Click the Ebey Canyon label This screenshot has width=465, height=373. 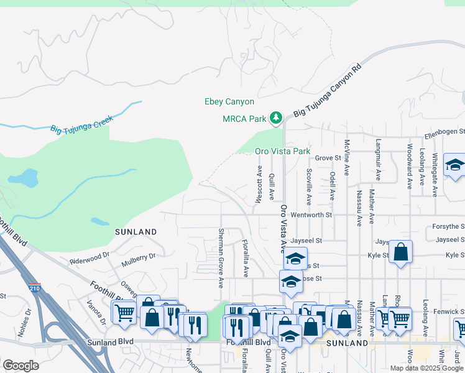point(229,102)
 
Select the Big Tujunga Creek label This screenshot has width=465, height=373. point(81,123)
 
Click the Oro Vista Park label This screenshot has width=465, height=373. point(282,151)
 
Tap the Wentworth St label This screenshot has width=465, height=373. point(313,214)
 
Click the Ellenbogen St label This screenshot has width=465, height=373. point(444,132)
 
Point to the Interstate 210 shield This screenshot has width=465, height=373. point(34,289)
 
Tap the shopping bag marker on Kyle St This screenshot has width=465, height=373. point(402,252)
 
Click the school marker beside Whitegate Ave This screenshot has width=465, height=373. point(454,165)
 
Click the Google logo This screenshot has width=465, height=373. point(21,366)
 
